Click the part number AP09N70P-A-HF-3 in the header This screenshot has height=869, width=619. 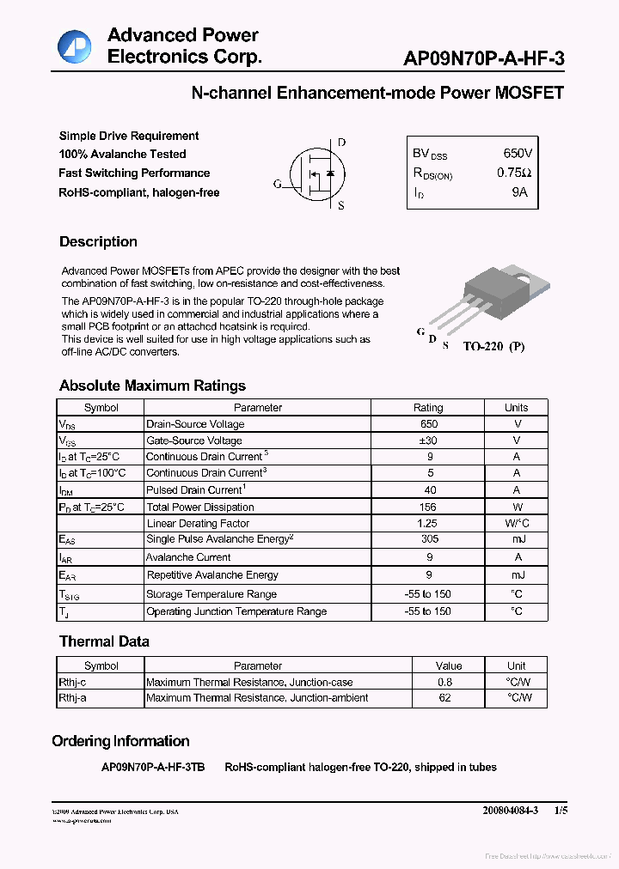click(484, 58)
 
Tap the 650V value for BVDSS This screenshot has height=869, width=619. click(518, 153)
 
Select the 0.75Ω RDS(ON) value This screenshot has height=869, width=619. click(514, 173)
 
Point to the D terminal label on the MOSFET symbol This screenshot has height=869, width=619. click(341, 143)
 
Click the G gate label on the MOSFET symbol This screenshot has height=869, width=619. click(277, 184)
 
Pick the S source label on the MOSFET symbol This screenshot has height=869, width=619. click(341, 206)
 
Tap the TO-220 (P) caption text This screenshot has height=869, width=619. click(493, 346)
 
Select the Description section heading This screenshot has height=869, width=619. click(98, 242)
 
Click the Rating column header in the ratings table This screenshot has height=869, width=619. click(428, 408)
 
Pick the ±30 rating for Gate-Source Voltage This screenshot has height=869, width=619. click(428, 441)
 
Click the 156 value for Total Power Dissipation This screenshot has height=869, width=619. click(428, 507)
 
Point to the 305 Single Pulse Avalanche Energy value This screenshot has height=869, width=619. click(428, 539)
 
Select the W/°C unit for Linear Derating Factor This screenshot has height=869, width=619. click(516, 523)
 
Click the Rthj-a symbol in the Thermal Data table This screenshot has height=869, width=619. click(73, 698)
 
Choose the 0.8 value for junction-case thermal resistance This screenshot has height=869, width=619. click(444, 682)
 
